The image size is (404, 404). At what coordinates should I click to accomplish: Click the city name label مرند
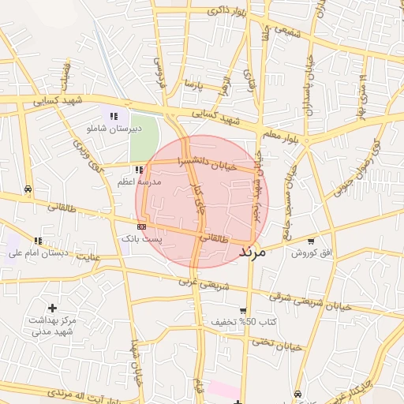252,253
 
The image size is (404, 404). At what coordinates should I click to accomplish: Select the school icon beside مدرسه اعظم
139,170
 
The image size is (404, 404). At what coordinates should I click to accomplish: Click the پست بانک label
140,238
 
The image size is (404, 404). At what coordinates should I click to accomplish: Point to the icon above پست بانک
141,226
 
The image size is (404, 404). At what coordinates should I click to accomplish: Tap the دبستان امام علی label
39,253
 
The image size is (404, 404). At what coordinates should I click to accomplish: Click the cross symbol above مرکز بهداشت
52,307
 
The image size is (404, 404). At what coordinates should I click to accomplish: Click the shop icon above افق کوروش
311,241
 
